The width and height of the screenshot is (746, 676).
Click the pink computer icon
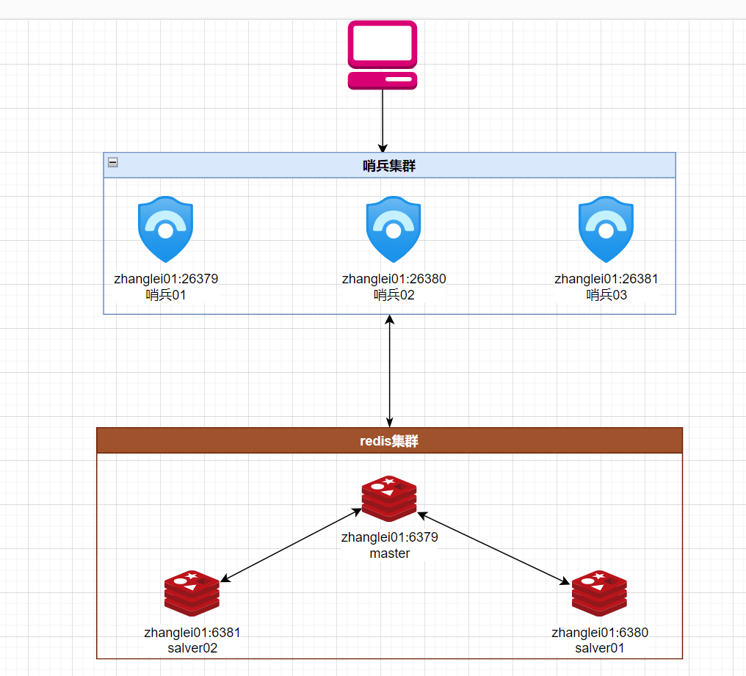[x=383, y=55]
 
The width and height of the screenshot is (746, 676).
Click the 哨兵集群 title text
[x=389, y=166]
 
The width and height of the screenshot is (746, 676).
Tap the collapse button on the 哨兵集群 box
[x=113, y=162]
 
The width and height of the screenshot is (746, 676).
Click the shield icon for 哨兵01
[x=165, y=229]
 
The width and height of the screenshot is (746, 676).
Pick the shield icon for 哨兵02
[x=394, y=229]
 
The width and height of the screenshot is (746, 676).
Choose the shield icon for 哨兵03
[x=606, y=229]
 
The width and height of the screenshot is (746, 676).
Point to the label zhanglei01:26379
[x=166, y=279]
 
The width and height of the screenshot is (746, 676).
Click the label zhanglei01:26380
[x=394, y=279]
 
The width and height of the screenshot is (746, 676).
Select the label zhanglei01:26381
[x=606, y=279]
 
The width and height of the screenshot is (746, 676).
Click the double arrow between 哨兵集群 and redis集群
[x=390, y=371]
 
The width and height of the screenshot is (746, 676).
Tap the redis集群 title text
[x=389, y=441]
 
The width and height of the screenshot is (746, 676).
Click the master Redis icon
[x=389, y=498]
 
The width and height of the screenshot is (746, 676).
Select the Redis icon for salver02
[x=192, y=593]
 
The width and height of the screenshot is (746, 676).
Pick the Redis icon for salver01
[x=599, y=593]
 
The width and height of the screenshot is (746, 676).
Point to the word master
[x=390, y=553]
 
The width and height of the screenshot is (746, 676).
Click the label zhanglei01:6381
[x=192, y=632]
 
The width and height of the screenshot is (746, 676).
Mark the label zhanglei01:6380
[x=600, y=632]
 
